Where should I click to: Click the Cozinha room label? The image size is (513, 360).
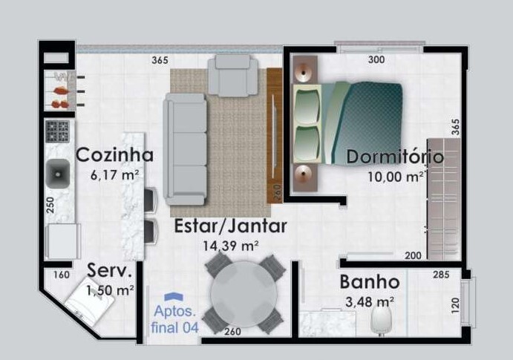pyautogui.click(x=115, y=155)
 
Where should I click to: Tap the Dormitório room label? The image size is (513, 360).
pyautogui.click(x=395, y=157)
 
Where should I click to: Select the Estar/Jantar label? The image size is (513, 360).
pyautogui.click(x=230, y=226)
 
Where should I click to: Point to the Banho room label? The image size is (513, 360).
pyautogui.click(x=370, y=282)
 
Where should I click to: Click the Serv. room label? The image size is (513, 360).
pyautogui.click(x=110, y=271)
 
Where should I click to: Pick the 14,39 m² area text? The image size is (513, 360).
pyautogui.click(x=230, y=244)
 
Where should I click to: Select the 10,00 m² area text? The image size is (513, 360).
pyautogui.click(x=396, y=177)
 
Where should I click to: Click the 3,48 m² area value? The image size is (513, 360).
pyautogui.click(x=370, y=301)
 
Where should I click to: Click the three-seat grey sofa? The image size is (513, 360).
pyautogui.click(x=186, y=148)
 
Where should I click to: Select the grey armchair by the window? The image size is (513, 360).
pyautogui.click(x=233, y=75)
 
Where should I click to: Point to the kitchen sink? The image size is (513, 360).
pyautogui.click(x=58, y=174)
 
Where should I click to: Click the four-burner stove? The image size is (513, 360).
pyautogui.click(x=57, y=131)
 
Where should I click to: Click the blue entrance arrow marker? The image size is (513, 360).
pyautogui.click(x=174, y=297)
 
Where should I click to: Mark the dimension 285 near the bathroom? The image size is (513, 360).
pyautogui.click(x=441, y=275)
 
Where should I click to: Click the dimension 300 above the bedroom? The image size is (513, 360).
pyautogui.click(x=376, y=60)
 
